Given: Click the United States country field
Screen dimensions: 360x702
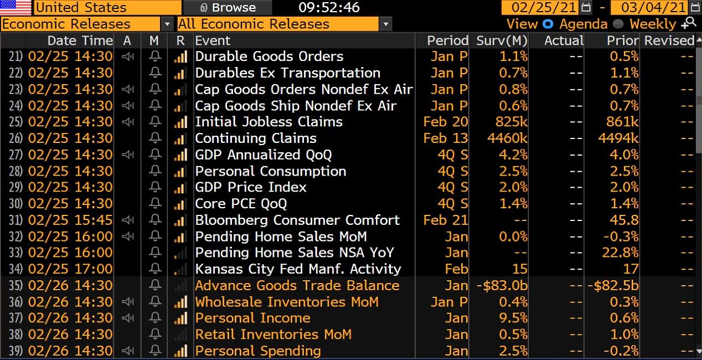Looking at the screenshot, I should tap(107, 8).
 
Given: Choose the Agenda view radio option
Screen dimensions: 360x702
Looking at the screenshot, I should tap(548, 24).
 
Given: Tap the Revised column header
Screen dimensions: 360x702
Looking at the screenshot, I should tap(669, 40).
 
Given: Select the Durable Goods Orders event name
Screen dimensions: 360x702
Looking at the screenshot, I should tap(269, 56).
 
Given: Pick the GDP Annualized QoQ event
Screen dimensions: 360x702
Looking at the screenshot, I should tap(264, 155).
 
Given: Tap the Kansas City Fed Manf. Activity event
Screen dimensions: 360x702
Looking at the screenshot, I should tap(298, 269).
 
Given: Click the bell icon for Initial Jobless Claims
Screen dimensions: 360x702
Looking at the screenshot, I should tap(155, 122).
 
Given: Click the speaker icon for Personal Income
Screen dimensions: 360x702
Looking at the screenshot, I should tap(128, 318).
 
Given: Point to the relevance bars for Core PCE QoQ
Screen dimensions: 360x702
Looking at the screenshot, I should tap(180, 204).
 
